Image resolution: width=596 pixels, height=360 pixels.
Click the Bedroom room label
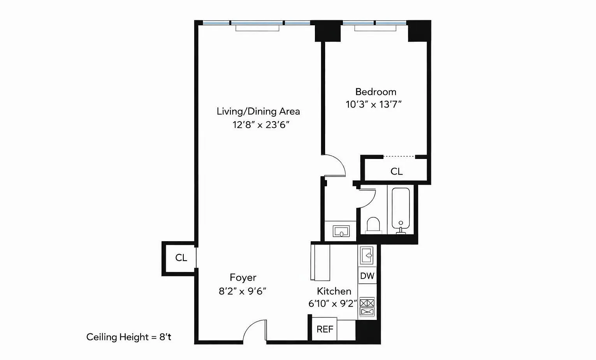376,92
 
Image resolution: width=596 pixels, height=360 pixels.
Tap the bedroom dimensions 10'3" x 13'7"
374,104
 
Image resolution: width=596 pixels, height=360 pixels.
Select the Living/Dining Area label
258,111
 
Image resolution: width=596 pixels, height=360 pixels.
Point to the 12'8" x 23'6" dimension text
261,125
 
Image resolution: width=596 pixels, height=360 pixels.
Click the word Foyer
243,278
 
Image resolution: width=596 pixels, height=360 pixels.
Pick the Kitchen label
334,291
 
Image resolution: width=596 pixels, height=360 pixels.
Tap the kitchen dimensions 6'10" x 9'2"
332,304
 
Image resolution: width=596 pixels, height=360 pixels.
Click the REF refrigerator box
325,329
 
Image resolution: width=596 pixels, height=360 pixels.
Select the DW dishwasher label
367,276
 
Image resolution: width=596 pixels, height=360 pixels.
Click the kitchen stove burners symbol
367,307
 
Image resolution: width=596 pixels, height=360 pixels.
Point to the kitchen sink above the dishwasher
367,255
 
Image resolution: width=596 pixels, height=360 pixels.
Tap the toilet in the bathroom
373,225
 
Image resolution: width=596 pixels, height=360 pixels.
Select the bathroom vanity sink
341,231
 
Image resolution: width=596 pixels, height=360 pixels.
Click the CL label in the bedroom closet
396,171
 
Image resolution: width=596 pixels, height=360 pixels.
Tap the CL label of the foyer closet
181,258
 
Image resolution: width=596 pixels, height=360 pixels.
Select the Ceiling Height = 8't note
129,337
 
